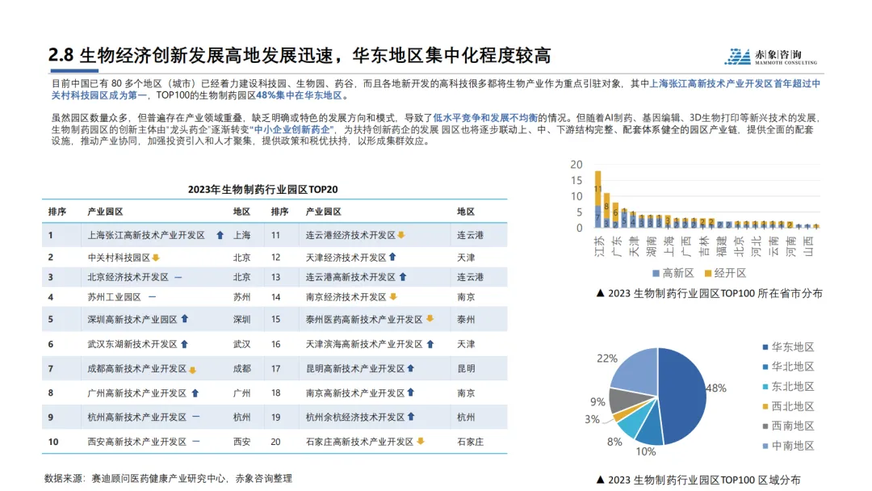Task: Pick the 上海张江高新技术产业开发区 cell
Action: coord(146,235)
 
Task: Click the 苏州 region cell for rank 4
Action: coord(241,297)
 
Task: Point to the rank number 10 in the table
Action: coord(53,442)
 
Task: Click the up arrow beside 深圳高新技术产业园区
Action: coord(185,319)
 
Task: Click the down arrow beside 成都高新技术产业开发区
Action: coord(193,370)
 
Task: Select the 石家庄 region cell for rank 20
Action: coord(470,442)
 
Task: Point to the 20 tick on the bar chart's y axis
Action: coord(576,165)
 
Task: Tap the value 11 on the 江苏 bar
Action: coord(598,189)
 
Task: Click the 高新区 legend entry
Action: coord(673,273)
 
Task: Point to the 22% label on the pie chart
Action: coord(606,359)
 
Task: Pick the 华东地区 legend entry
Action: coord(786,347)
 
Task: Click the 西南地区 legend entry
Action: coord(786,426)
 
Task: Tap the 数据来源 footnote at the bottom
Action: coord(168,478)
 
